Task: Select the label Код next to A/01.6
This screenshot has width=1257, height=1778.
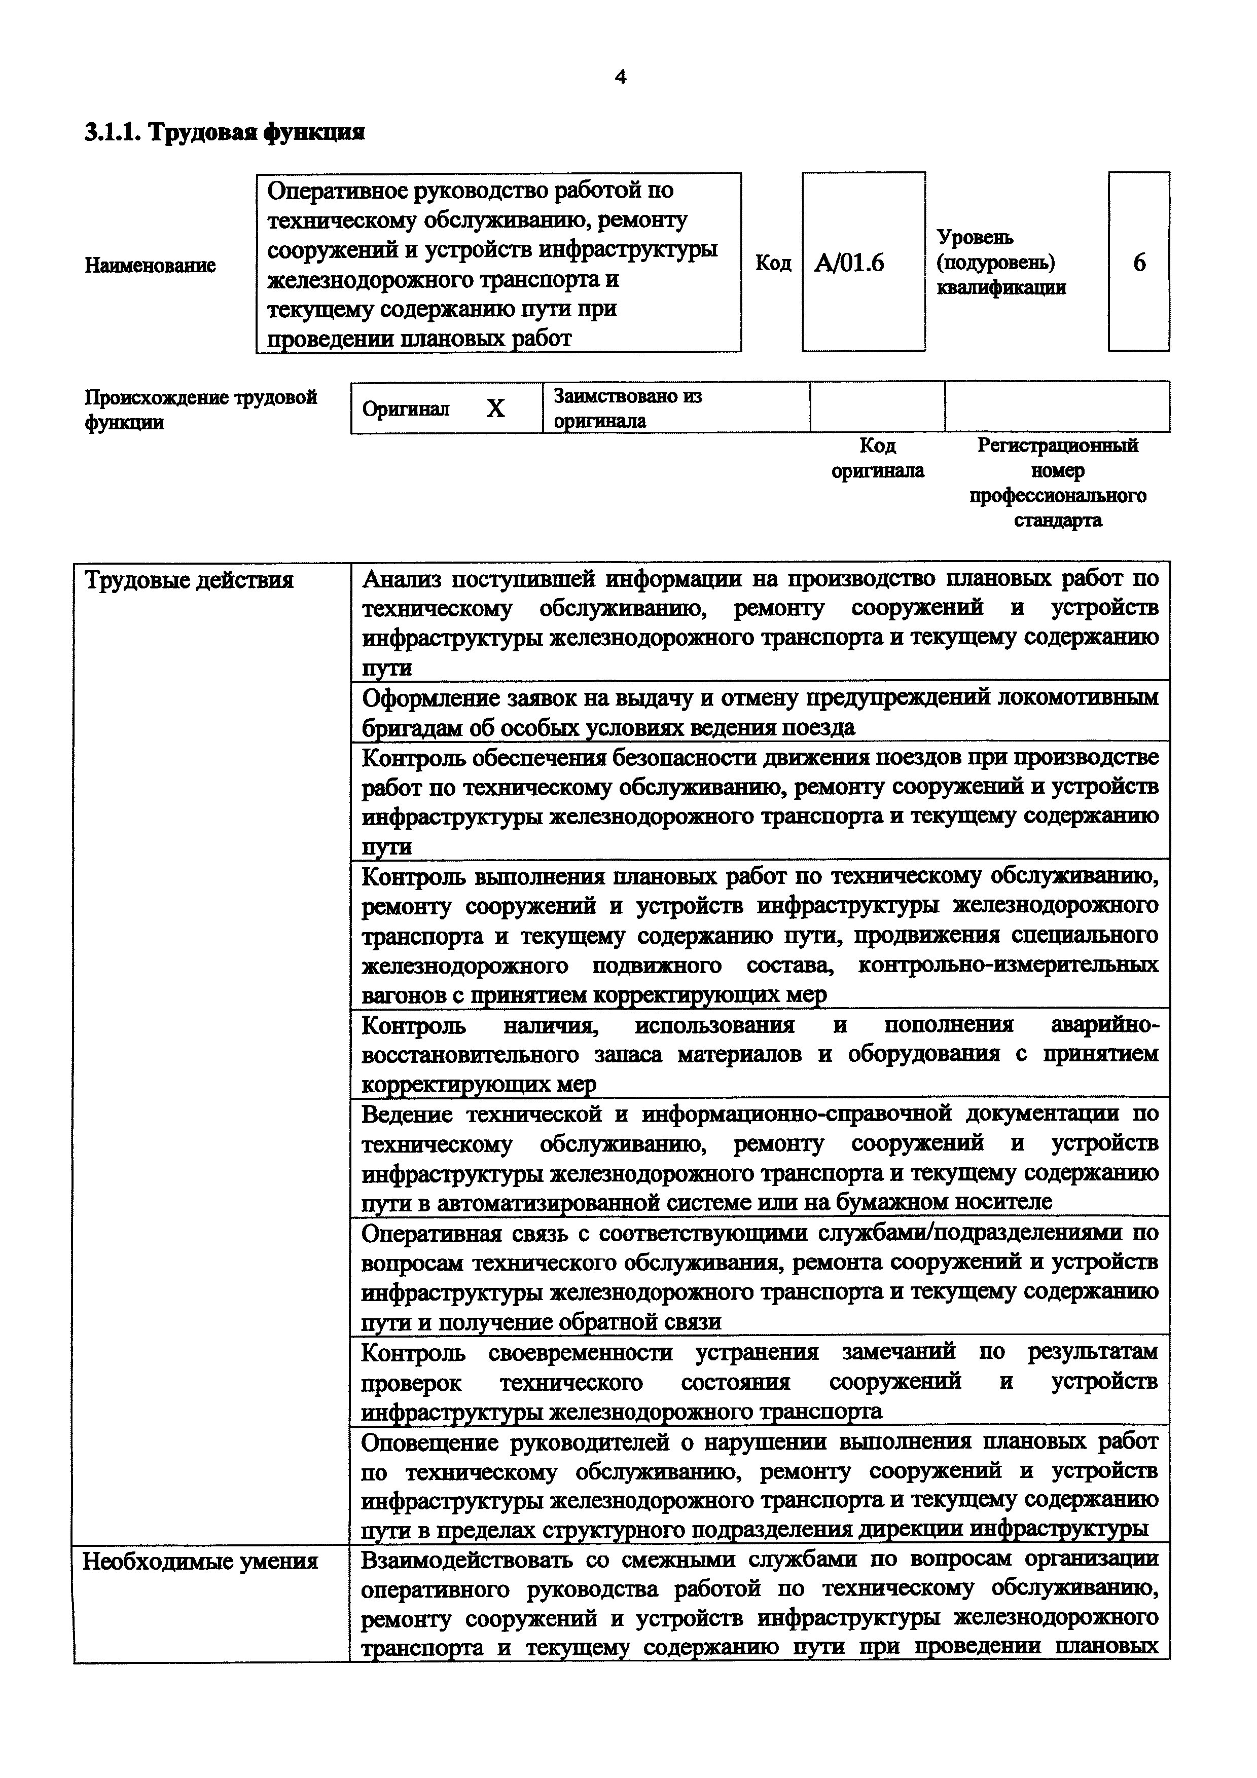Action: pos(773,263)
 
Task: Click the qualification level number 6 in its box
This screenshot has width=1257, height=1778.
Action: pos(1139,263)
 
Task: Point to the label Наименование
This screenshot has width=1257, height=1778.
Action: pos(150,266)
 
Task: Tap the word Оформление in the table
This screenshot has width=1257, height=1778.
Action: pos(428,698)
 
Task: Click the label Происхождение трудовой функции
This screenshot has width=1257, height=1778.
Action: pos(201,410)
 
